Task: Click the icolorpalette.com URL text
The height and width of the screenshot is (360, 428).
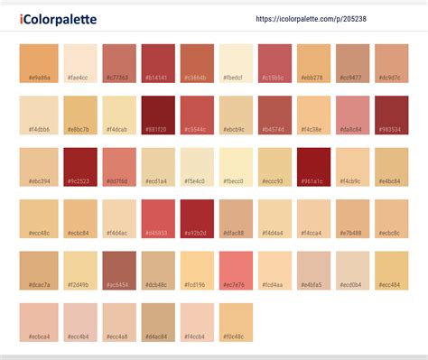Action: pos(312,19)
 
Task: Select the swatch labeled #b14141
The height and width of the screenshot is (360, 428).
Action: pos(158,63)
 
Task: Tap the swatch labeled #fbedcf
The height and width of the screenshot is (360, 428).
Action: pos(236,63)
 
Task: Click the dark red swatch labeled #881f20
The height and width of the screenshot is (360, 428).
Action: pos(158,115)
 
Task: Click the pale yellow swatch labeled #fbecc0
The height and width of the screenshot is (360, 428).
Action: pos(236,166)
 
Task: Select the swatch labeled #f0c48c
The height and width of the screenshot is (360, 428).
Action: pos(236,320)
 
